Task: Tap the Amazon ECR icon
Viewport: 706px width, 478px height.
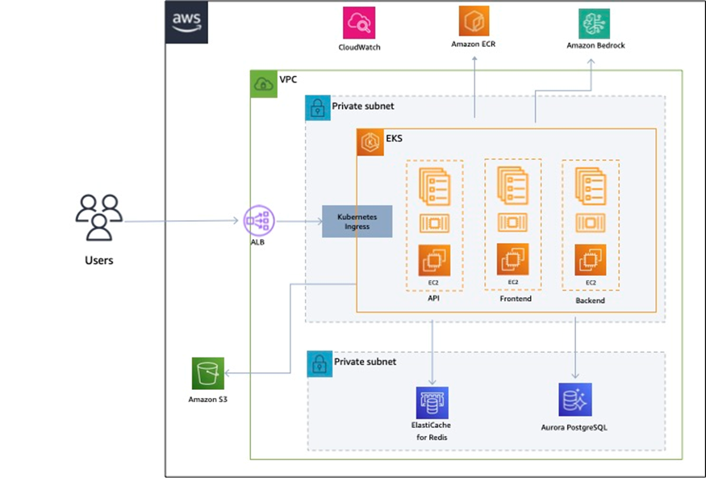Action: [474, 21]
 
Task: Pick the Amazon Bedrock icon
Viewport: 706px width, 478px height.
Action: [594, 23]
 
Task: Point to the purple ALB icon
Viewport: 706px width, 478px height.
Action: [259, 220]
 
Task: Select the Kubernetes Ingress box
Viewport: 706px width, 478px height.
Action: [357, 221]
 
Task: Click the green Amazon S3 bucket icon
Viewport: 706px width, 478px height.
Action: [208, 374]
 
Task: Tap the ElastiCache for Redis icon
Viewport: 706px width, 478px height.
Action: [432, 402]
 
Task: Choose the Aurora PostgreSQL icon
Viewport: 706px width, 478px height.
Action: [575, 400]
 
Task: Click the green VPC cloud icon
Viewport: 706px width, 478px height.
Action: [263, 83]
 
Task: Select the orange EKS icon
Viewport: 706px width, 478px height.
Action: [370, 142]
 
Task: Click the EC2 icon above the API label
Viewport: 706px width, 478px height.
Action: [434, 260]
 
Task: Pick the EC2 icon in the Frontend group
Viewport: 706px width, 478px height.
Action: [512, 259]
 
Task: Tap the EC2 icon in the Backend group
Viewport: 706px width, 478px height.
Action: [591, 260]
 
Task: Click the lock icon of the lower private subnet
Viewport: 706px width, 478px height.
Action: [320, 363]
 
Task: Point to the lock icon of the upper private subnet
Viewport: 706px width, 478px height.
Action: [318, 108]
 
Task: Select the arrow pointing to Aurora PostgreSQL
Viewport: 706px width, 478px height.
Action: [575, 347]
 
